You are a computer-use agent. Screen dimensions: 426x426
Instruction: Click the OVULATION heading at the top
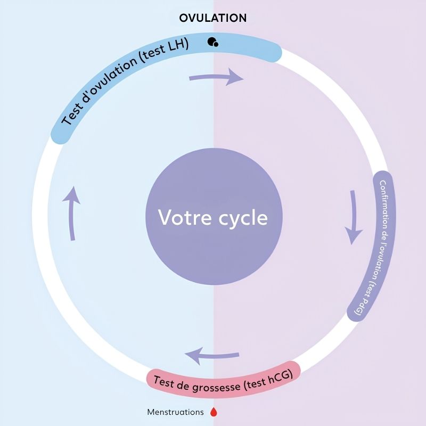[x=213, y=18]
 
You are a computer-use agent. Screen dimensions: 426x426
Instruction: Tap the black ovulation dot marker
[x=212, y=42]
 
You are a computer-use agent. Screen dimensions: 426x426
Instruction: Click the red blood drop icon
[x=214, y=412]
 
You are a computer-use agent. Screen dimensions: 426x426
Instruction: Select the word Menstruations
[x=175, y=412]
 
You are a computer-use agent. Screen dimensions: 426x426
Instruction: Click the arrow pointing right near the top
[x=216, y=77]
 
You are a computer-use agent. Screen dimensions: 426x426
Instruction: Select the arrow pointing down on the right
[x=354, y=217]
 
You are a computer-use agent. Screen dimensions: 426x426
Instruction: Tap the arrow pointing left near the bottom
[x=211, y=355]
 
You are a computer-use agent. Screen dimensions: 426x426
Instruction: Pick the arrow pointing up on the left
[x=72, y=214]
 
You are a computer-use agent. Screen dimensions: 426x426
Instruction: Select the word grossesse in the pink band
[x=216, y=387]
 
